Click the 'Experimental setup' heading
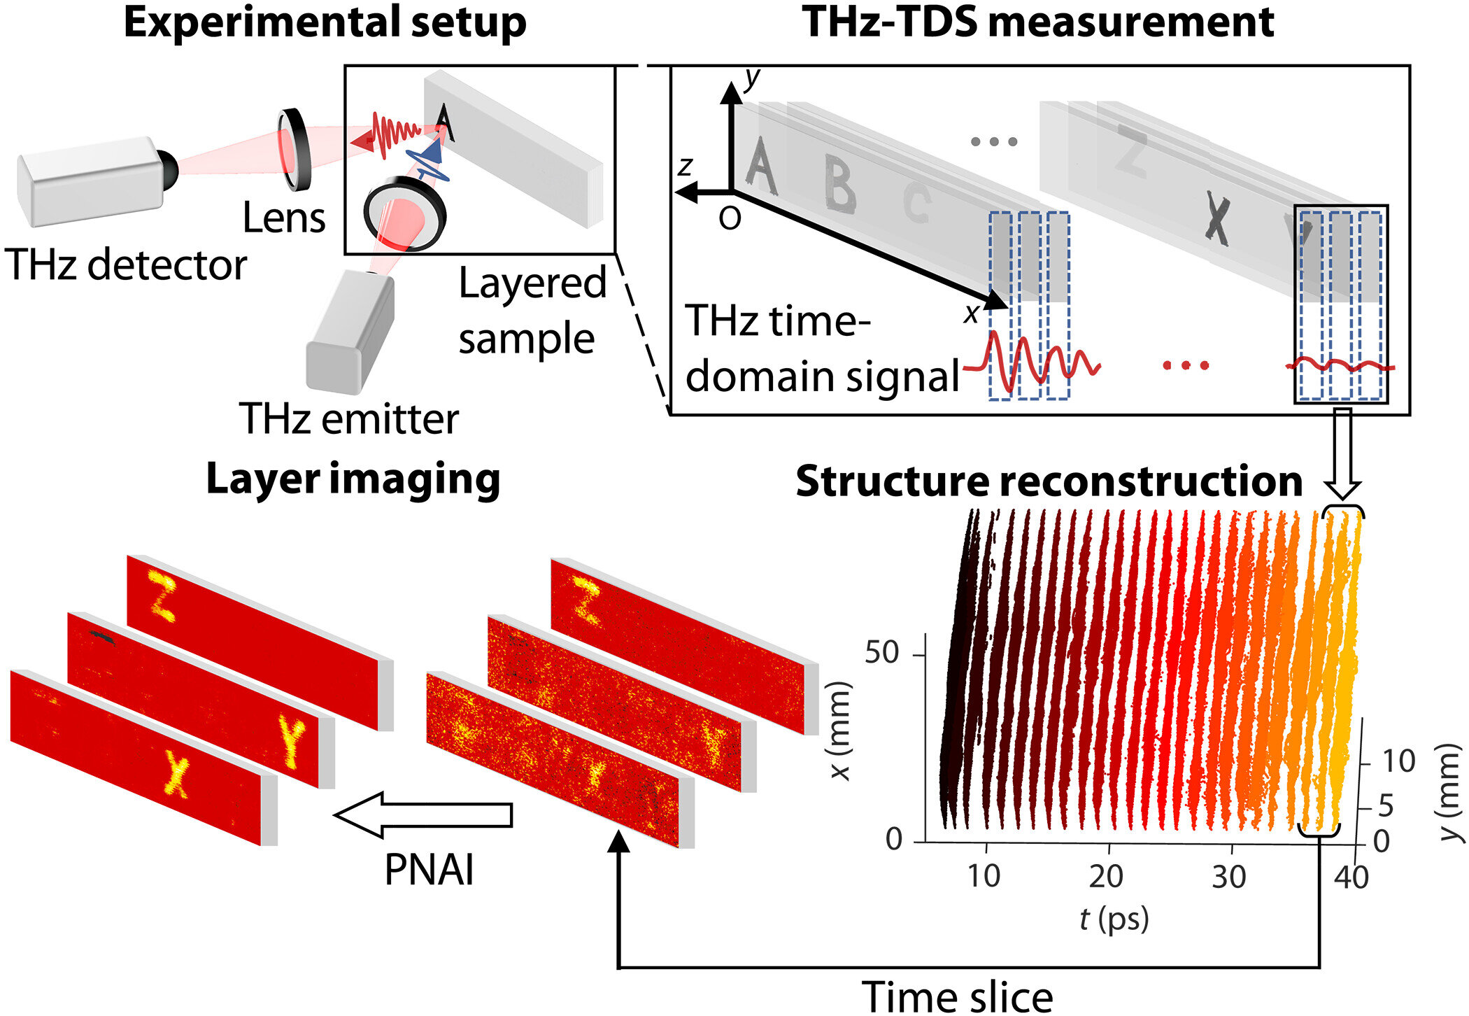(325, 22)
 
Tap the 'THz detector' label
(126, 265)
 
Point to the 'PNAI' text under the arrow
(429, 870)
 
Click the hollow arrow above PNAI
(423, 814)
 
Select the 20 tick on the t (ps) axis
(1106, 876)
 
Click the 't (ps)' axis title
(1114, 918)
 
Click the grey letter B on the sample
(839, 184)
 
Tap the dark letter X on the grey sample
(1218, 219)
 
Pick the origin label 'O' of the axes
(730, 220)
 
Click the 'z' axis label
(685, 167)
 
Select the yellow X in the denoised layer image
(176, 773)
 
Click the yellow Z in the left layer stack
(162, 595)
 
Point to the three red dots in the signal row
(1186, 365)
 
